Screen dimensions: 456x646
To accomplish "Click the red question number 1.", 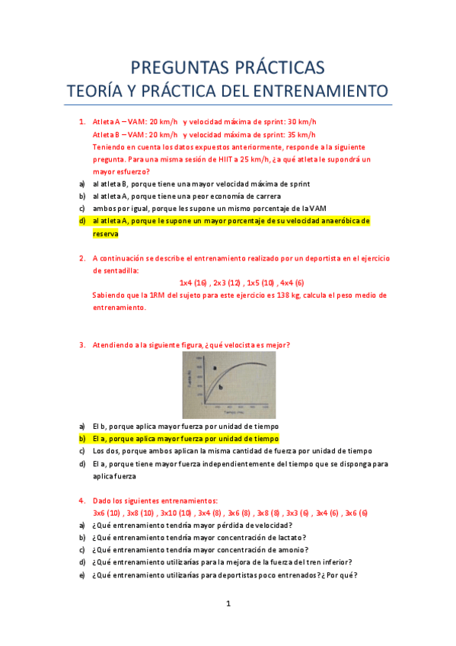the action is click(x=81, y=122).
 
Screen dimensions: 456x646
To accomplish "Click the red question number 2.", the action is click(x=81, y=258).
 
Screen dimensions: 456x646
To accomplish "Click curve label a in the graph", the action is click(x=215, y=368).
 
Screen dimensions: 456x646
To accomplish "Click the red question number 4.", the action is click(x=81, y=500).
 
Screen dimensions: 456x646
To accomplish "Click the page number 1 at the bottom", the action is click(x=228, y=604).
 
